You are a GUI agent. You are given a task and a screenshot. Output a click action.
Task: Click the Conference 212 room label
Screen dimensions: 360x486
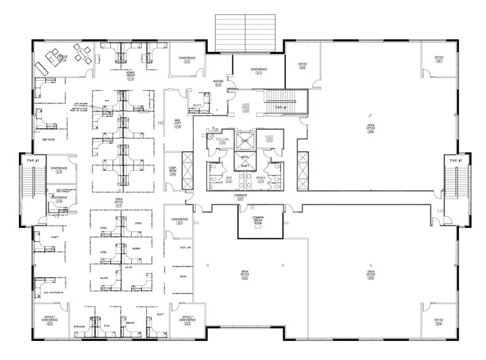point(186,59)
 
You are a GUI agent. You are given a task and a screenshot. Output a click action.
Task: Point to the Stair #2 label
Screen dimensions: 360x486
point(454,160)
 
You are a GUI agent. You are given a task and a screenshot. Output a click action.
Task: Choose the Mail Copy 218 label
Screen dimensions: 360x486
point(178,122)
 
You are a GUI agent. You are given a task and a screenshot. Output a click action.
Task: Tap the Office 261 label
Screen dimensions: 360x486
point(439,59)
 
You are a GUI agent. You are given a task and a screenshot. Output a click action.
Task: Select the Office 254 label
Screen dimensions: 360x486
point(439,321)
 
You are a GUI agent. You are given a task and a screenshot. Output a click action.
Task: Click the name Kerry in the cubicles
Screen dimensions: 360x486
point(137,249)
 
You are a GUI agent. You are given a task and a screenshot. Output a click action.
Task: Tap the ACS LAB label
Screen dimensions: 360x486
point(183,249)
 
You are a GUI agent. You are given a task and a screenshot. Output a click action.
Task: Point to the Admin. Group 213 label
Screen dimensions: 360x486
point(130,75)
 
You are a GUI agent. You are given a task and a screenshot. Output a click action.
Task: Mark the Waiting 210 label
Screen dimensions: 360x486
point(218,82)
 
